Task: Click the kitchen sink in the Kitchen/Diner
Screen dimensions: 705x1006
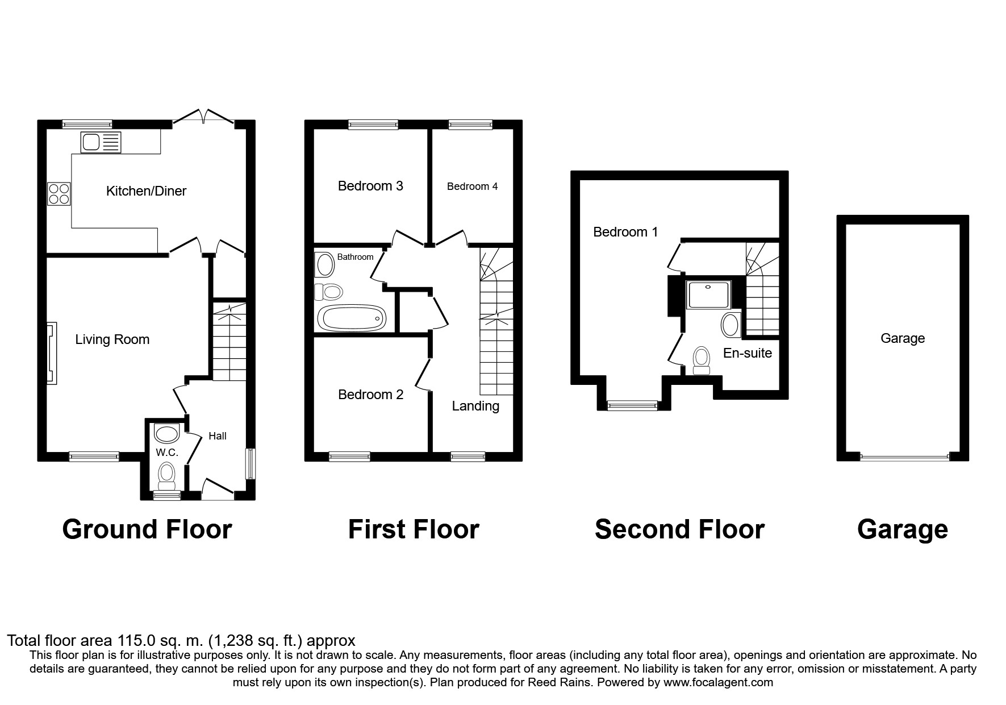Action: point(101,142)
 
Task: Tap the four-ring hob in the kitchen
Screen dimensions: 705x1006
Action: point(59,193)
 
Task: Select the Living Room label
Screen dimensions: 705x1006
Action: point(112,339)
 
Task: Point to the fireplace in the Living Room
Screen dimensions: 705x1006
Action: point(52,353)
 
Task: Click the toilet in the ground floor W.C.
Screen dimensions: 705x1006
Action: point(166,475)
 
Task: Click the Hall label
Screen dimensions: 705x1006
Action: point(217,436)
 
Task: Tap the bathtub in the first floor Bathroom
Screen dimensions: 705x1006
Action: point(351,318)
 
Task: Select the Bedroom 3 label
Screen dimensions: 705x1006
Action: point(370,186)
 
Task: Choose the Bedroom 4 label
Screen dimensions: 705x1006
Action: point(472,186)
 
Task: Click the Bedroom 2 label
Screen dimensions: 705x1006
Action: point(370,395)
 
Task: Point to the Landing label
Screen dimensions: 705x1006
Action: point(475,406)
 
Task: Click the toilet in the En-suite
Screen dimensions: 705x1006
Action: point(702,360)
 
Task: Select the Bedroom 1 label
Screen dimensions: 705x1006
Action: point(625,232)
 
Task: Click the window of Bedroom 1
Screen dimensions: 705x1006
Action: point(632,405)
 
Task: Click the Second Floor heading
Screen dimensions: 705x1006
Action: point(679,529)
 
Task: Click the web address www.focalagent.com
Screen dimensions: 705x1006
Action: point(718,682)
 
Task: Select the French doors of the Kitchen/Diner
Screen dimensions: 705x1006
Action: point(204,117)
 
